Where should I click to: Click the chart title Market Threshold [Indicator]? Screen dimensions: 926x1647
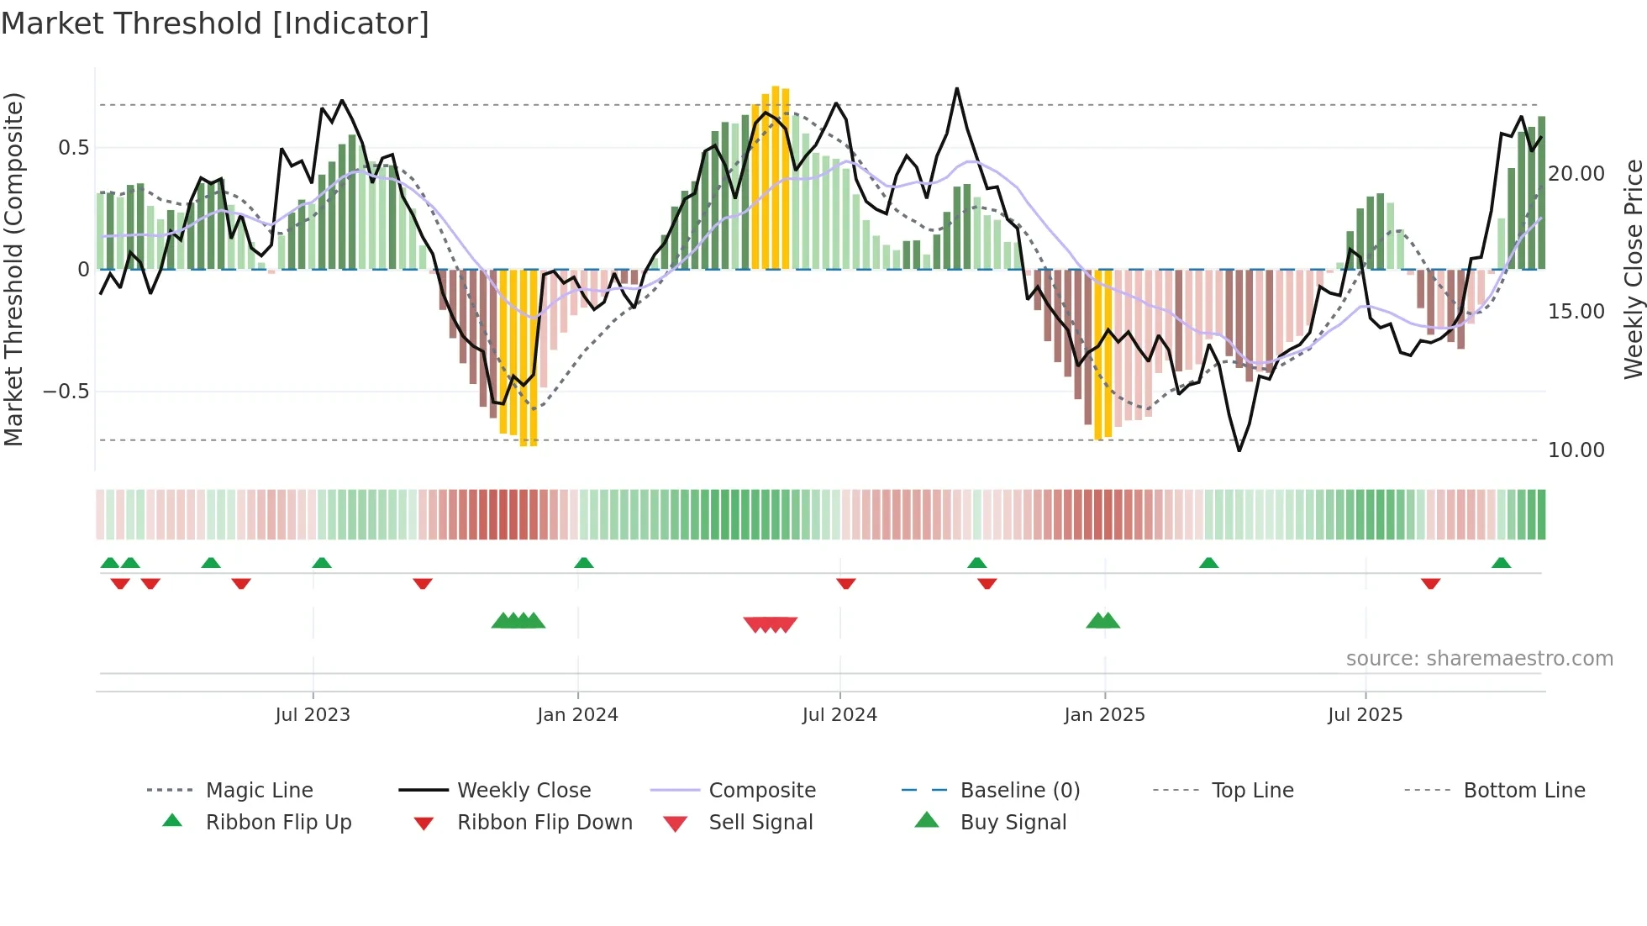coord(215,24)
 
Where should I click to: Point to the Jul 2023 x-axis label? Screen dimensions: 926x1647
coord(313,715)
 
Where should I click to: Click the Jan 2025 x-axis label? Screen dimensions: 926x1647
coord(1104,715)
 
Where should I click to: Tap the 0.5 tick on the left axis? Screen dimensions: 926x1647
coord(74,148)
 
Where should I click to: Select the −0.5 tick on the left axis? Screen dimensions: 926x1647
coord(66,392)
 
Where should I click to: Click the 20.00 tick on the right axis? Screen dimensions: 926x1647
coord(1576,174)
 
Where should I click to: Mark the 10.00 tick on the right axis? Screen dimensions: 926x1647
coord(1576,450)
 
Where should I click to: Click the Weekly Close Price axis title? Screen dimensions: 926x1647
coord(1632,269)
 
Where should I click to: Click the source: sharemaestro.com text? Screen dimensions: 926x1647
coord(1479,659)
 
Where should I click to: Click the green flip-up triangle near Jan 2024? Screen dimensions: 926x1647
coord(584,563)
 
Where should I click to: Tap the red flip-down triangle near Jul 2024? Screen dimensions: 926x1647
coord(846,583)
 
